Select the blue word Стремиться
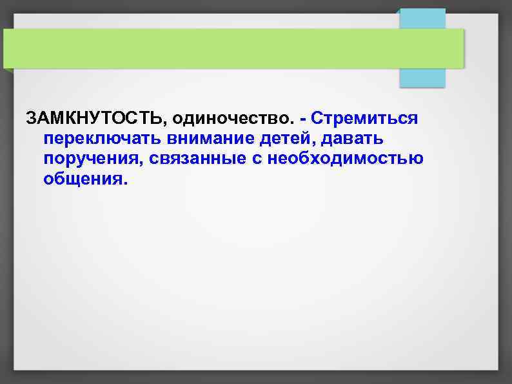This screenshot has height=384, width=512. [364, 119]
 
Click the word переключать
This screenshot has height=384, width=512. [102, 139]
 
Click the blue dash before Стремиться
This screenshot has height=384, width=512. [303, 119]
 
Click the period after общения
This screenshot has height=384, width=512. [125, 183]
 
